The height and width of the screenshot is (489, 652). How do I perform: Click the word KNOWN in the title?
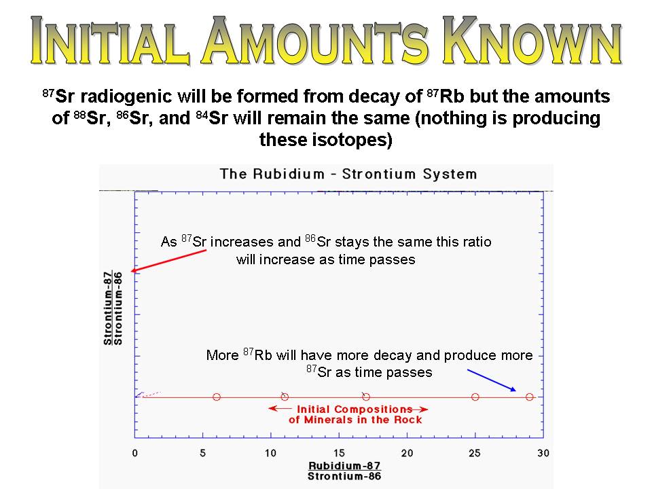coord(532,41)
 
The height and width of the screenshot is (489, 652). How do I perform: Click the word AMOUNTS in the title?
coord(315,41)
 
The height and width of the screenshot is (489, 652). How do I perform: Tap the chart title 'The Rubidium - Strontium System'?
coord(348,174)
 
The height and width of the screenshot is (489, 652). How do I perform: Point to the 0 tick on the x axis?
coord(134,453)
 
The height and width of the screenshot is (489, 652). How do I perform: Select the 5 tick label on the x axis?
coord(203,453)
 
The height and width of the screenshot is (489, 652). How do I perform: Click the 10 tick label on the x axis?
coord(271,453)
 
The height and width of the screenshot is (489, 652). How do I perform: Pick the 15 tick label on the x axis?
coord(339,453)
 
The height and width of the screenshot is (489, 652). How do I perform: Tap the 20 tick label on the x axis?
coord(407,453)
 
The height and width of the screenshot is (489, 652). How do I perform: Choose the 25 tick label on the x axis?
coord(475,453)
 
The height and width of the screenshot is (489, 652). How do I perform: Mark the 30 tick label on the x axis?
coord(543,453)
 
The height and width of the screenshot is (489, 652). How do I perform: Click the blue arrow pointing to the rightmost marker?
coord(492,380)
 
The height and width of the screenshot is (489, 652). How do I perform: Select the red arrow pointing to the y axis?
coord(168,261)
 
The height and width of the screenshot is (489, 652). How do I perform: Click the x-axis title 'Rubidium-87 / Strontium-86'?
coord(344,471)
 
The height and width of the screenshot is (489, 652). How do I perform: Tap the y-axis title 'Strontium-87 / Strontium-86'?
coord(113,308)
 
